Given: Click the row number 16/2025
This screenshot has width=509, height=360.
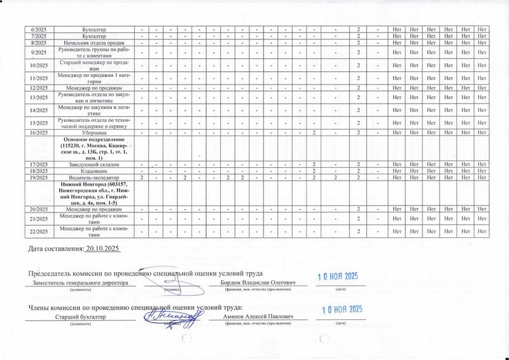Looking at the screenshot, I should (x=39, y=132).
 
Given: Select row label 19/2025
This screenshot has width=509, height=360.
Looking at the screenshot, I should (x=39, y=179).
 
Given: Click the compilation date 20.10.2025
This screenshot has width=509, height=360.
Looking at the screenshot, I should (x=102, y=247).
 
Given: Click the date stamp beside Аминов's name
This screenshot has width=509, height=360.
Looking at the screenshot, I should (x=341, y=310).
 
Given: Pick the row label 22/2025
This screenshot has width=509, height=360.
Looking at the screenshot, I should (x=39, y=232).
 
